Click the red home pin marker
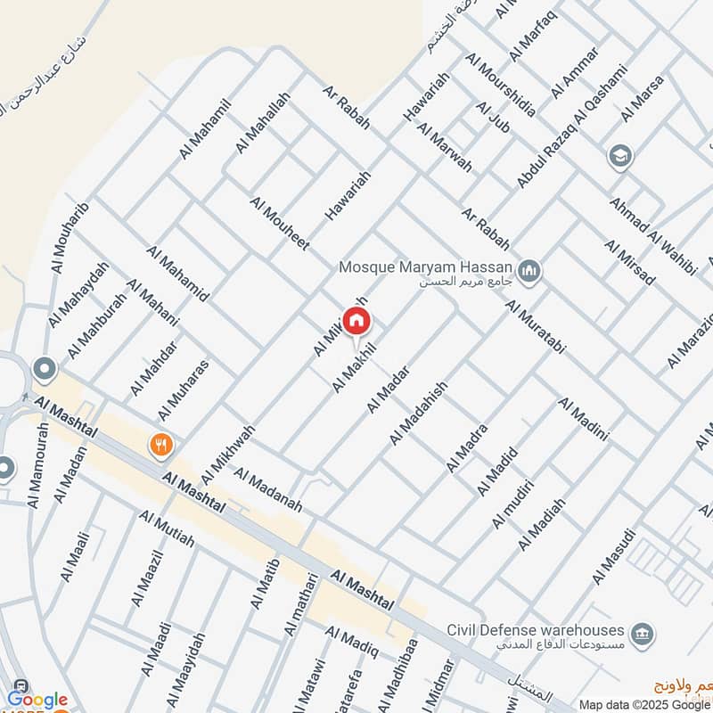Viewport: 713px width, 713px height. click(x=357, y=321)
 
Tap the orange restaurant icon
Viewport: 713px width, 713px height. click(x=161, y=445)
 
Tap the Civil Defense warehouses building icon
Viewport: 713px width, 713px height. click(x=642, y=635)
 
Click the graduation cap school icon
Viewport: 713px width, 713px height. click(x=618, y=158)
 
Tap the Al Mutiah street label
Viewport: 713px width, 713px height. click(x=166, y=537)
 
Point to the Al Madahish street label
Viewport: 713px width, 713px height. click(x=417, y=413)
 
